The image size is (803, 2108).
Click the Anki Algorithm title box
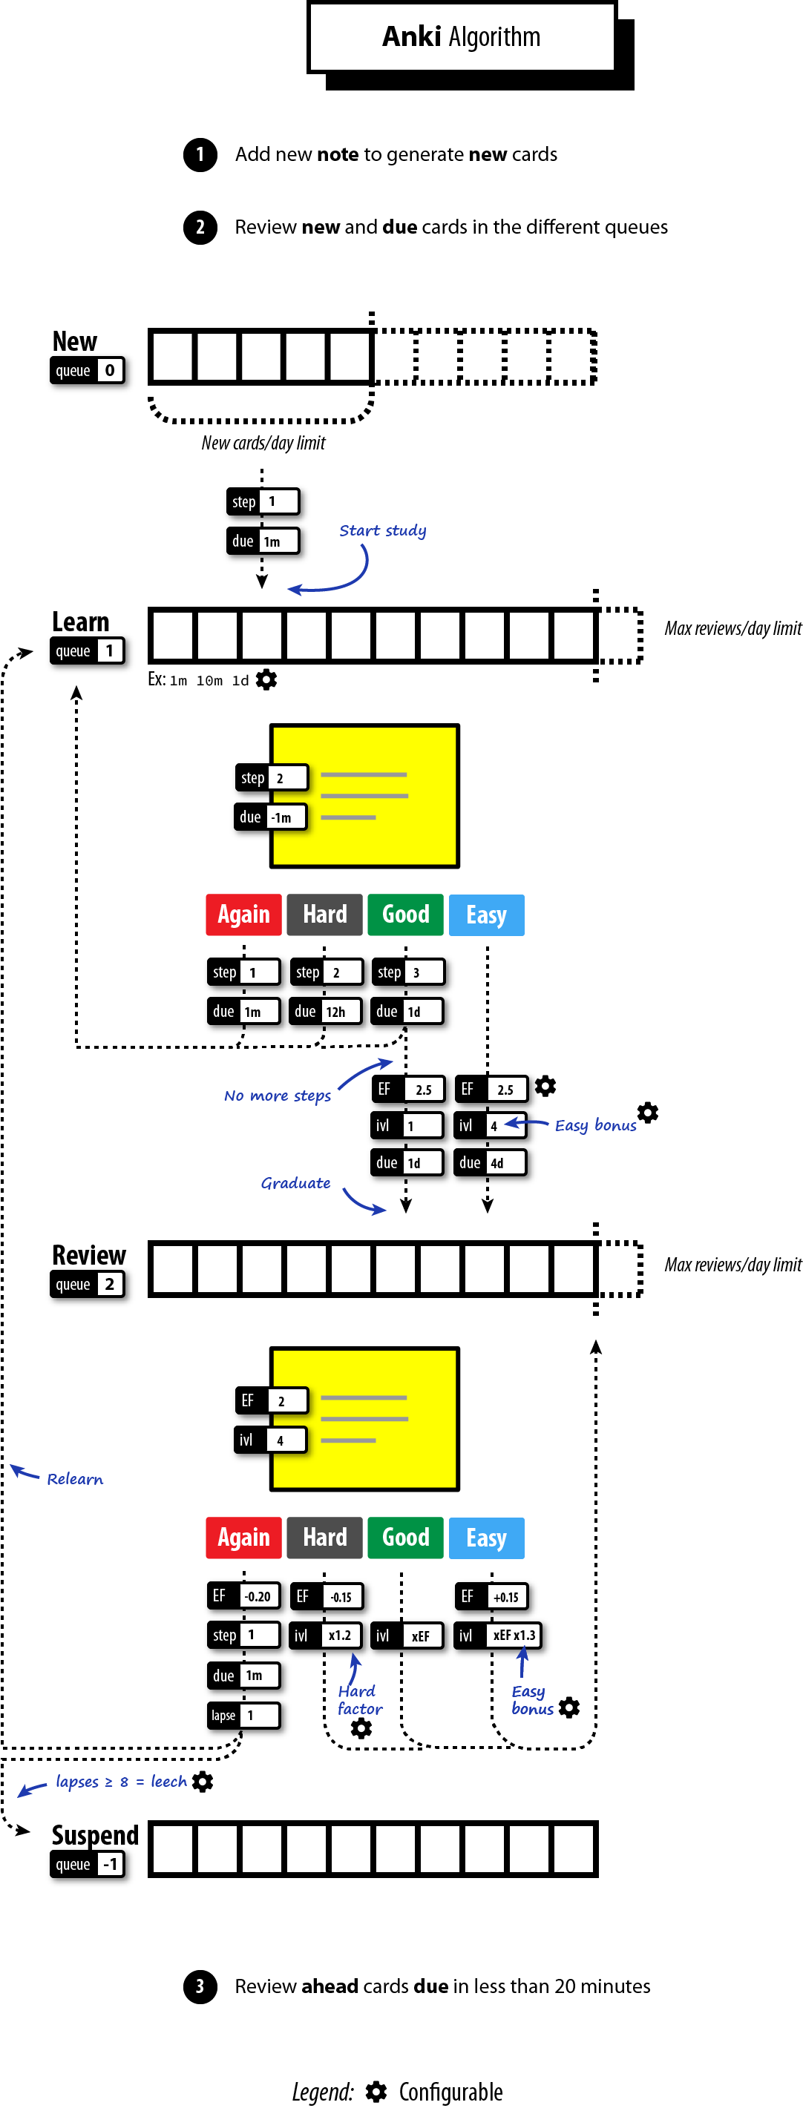461,37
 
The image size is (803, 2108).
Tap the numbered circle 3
200,1986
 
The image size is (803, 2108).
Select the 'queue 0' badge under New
88,371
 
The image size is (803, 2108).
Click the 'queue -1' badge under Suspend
88,1865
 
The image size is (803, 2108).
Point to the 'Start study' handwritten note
382,530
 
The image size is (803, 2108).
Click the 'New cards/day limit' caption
263,443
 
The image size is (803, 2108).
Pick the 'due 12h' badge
325,1012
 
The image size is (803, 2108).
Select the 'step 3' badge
407,972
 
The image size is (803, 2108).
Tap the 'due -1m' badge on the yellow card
270,817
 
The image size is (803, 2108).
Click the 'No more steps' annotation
278,1096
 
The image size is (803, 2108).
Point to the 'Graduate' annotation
295,1182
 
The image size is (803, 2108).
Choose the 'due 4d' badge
490,1162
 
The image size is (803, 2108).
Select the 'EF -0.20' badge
243,1595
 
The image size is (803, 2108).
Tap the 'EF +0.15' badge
491,1595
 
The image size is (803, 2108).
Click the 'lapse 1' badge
243,1714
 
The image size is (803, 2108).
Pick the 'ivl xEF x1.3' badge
496,1635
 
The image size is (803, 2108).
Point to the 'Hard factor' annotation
359,1699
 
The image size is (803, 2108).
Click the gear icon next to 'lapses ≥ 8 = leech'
202,1782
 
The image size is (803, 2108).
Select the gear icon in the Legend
376,2091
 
